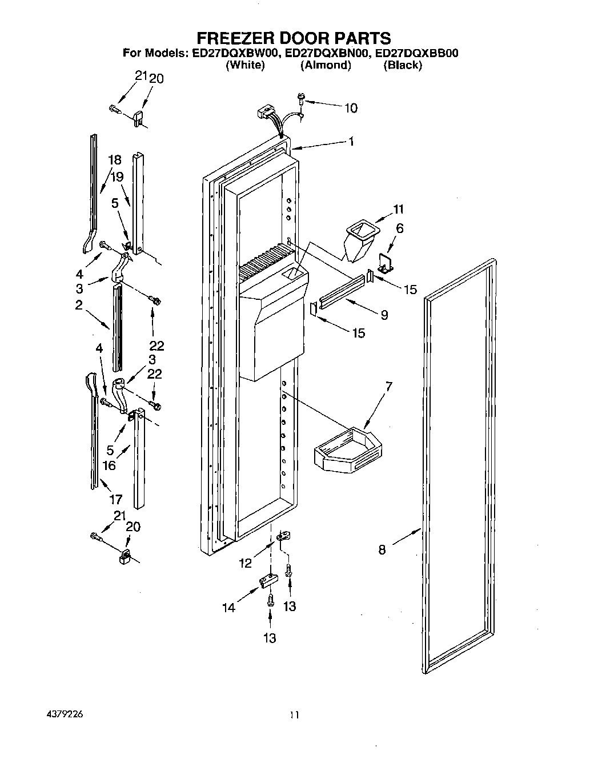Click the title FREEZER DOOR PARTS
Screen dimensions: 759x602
coord(294,38)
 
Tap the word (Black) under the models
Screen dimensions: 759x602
coord(403,65)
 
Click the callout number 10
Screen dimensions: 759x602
coord(351,108)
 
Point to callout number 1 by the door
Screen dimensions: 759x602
coord(351,142)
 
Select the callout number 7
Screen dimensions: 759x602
coord(388,387)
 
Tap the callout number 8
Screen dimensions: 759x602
coord(382,550)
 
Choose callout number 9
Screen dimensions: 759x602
coord(384,314)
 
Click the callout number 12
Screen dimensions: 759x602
coord(245,563)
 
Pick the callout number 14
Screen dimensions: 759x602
coord(229,608)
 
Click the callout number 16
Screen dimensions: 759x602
coord(109,465)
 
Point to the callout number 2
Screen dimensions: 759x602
coord(79,305)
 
